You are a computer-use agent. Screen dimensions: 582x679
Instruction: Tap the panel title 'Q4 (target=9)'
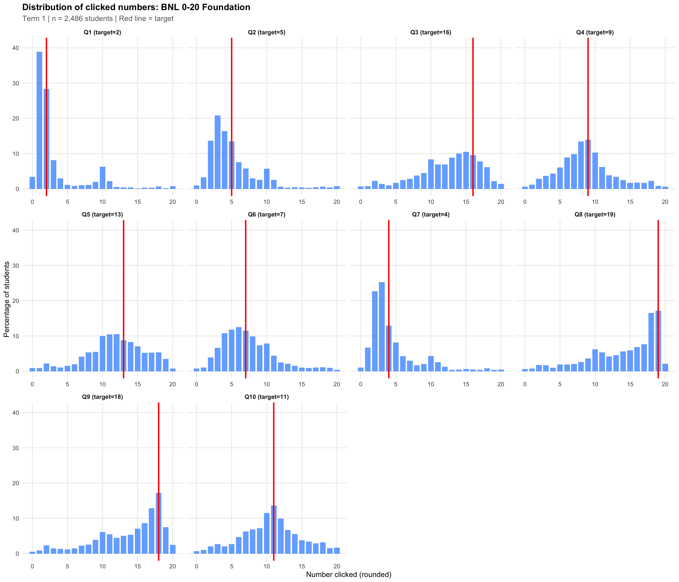[x=595, y=32]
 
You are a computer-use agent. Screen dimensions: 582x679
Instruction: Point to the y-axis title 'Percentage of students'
[x=7, y=299]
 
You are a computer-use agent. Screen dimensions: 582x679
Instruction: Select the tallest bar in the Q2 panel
[x=217, y=152]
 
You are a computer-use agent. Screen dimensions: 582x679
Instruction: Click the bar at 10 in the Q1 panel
[x=103, y=178]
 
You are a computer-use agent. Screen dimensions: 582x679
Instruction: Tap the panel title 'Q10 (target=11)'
[x=266, y=397]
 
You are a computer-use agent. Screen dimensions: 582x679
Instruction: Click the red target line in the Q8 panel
[x=658, y=295]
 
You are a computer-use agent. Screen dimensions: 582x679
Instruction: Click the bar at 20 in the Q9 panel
[x=173, y=549]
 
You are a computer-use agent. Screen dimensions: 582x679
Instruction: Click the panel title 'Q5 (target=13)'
[x=102, y=215]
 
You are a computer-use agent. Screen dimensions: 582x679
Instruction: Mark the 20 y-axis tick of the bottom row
[x=16, y=483]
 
